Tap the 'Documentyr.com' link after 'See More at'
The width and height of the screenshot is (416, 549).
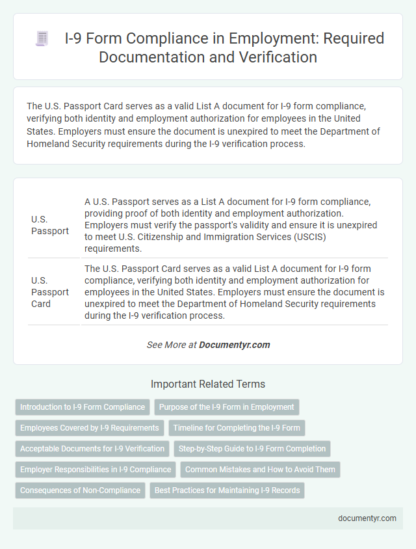pyautogui.click(x=235, y=345)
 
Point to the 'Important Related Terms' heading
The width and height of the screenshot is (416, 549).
pyautogui.click(x=208, y=384)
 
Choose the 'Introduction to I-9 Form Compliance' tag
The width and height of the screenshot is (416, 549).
pyautogui.click(x=83, y=407)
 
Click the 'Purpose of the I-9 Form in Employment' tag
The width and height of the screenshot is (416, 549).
pyautogui.click(x=227, y=407)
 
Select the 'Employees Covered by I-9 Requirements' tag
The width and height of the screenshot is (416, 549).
pyautogui.click(x=90, y=428)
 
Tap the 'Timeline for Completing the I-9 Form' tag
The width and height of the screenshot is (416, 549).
pyautogui.click(x=237, y=428)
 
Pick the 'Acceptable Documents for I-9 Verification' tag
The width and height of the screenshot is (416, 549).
pyautogui.click(x=92, y=449)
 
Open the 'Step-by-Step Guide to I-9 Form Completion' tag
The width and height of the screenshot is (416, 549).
pyautogui.click(x=252, y=449)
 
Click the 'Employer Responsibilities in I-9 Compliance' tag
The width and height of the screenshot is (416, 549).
pyautogui.click(x=96, y=470)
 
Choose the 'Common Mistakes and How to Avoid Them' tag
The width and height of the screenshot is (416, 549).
pyautogui.click(x=260, y=470)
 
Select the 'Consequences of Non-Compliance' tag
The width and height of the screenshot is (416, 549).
pyautogui.click(x=80, y=490)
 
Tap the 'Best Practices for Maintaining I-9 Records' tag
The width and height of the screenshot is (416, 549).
pyautogui.click(x=227, y=490)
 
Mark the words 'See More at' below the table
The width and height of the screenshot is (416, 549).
pyautogui.click(x=172, y=345)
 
